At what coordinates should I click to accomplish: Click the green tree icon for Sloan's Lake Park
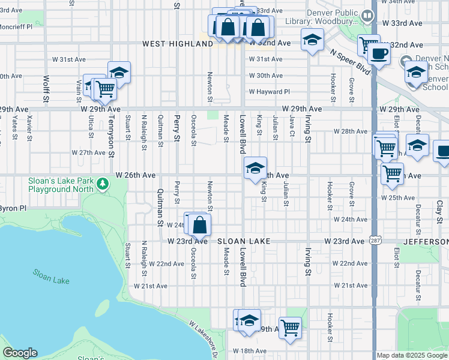103,183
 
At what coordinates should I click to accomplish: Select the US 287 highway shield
374,241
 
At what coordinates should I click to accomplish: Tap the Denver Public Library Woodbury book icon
363,17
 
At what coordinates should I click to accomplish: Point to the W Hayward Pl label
270,92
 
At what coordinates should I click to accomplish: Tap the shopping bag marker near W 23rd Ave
200,226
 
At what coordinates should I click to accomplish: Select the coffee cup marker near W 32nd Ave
379,54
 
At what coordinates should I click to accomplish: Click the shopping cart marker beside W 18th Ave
290,328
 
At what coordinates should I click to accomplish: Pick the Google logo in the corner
20,353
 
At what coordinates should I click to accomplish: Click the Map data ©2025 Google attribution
412,355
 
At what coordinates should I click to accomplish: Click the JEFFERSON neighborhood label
427,241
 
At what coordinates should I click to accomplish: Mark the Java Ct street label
292,128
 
